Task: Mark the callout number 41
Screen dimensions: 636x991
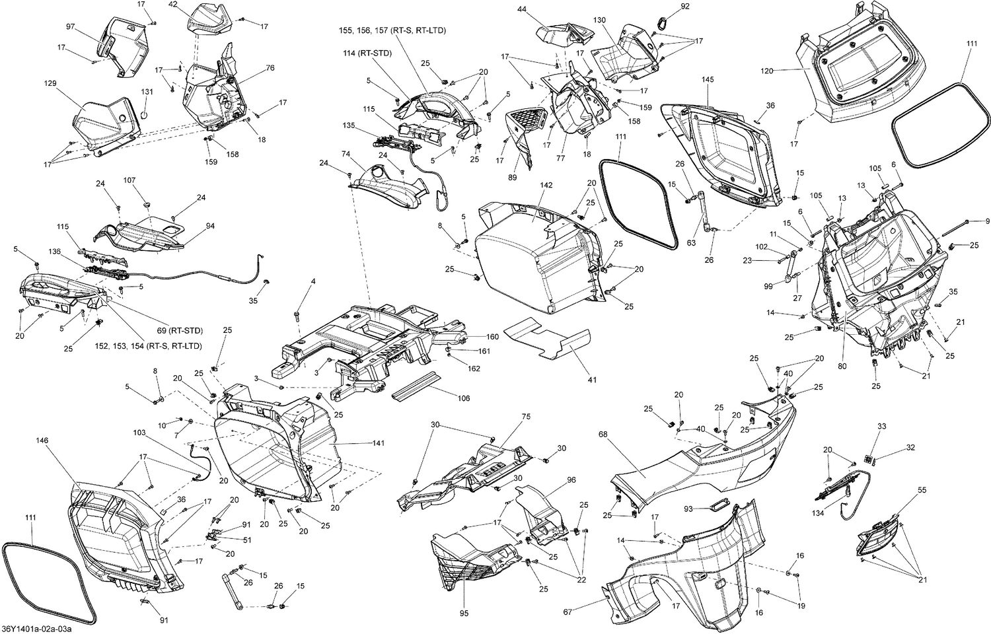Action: point(592,380)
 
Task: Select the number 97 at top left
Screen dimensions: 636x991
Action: point(71,26)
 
